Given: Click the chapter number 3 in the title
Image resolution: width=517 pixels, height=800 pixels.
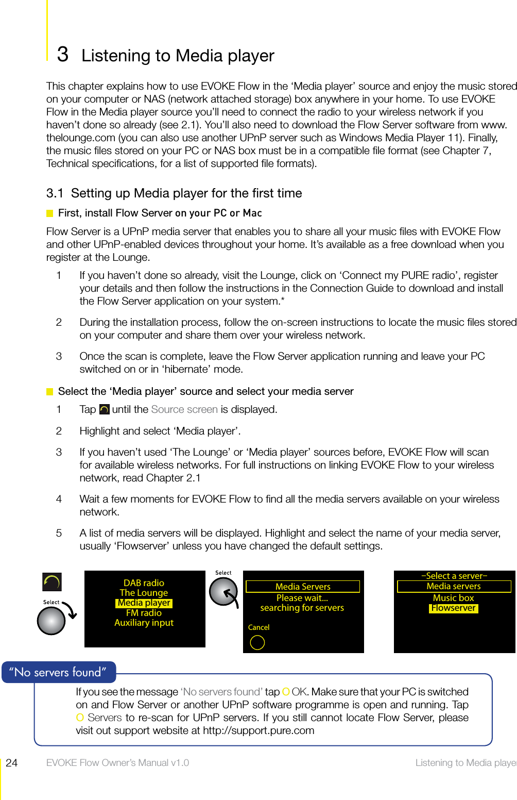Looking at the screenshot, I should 62,54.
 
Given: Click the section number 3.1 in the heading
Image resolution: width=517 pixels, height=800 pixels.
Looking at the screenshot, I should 55,193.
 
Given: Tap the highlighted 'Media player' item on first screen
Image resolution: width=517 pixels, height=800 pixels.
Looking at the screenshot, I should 144,603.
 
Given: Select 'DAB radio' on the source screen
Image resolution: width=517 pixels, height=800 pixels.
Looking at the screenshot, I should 144,583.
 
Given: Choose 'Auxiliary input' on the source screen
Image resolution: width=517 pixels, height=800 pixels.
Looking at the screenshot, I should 144,623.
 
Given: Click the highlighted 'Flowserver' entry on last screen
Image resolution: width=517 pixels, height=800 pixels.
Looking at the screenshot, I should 454,608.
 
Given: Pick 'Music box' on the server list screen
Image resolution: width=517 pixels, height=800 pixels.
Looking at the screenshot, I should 453,598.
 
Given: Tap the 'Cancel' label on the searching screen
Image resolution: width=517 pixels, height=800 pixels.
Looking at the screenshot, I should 258,627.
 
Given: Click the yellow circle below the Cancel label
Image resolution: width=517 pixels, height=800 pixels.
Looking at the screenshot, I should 257,642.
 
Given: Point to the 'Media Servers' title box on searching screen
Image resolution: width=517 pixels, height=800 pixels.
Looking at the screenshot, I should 303,587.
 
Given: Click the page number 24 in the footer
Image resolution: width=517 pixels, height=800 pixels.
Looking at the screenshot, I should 11,763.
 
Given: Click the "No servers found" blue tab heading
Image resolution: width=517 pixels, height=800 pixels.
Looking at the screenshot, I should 58,672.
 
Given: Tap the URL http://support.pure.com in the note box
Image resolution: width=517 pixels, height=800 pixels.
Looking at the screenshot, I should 258,730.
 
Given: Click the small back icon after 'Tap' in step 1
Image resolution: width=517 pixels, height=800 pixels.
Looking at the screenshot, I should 104,409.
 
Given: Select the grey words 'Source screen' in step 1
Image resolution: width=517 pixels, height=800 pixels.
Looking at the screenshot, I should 184,409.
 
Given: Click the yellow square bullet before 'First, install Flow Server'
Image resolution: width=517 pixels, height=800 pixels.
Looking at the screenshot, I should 50,213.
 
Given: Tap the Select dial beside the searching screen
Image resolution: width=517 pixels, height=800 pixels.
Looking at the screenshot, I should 223,591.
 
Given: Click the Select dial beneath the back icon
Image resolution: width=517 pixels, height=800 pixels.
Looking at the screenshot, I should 51,620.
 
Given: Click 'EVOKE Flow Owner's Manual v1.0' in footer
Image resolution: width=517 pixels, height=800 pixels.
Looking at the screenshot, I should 117,763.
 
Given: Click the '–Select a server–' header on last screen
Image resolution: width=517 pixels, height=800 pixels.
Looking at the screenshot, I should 454,576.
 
